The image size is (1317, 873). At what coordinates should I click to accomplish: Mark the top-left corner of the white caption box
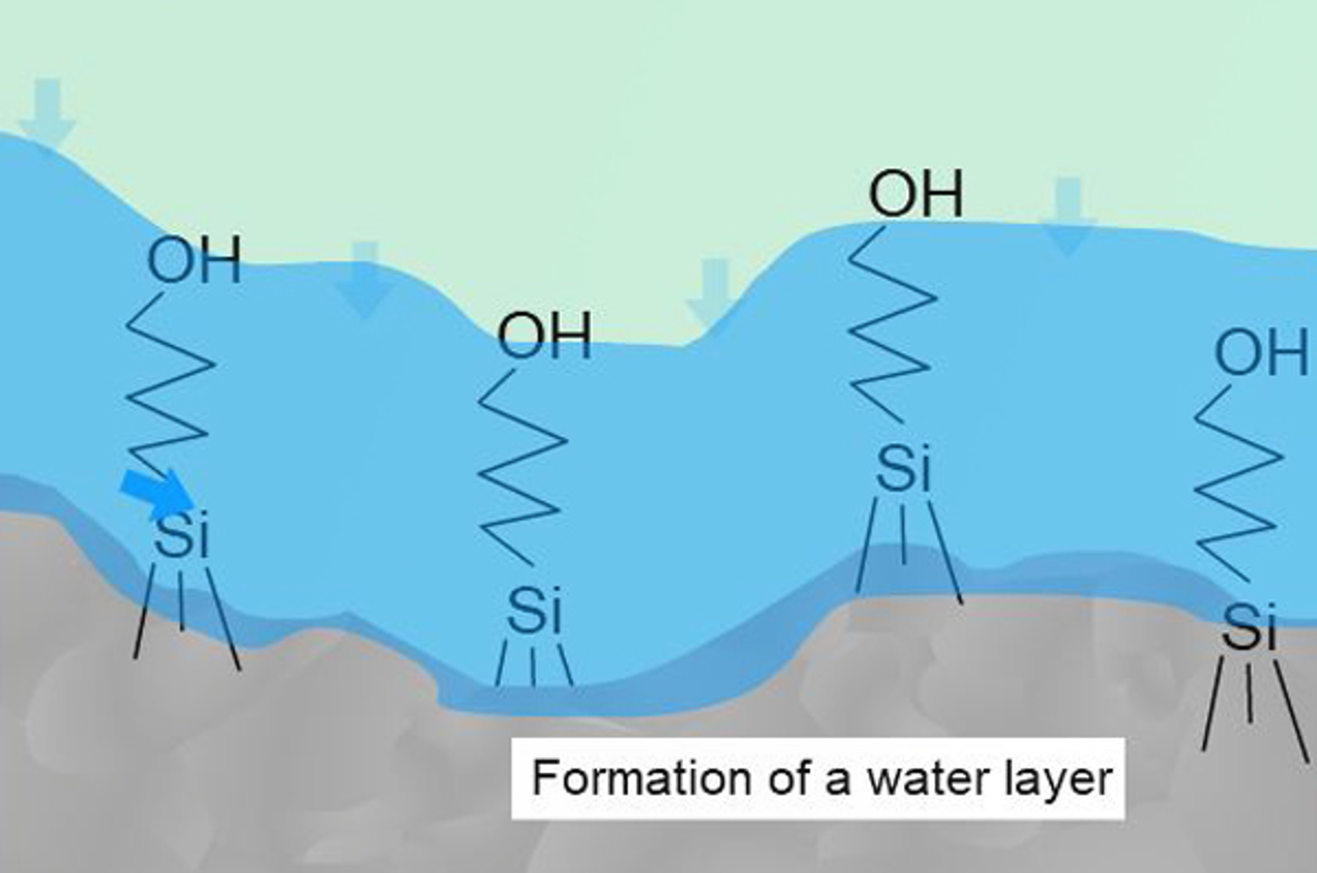pyautogui.click(x=511, y=738)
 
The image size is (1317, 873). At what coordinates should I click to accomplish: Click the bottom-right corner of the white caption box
pyautogui.click(x=1125, y=819)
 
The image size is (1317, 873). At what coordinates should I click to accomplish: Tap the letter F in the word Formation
pyautogui.click(x=544, y=777)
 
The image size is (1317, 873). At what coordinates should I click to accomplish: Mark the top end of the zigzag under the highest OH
pyautogui.click(x=884, y=227)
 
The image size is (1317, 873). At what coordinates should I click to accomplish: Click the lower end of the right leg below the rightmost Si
pyautogui.click(x=1308, y=763)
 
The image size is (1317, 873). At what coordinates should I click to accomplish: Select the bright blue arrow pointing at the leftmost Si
pyautogui.click(x=157, y=494)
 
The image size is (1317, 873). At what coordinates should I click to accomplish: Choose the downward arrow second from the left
pyautogui.click(x=365, y=279)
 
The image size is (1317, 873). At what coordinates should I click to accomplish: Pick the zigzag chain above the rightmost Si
pyautogui.click(x=1238, y=483)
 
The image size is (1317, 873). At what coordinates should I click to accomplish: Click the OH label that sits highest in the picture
pyautogui.click(x=916, y=194)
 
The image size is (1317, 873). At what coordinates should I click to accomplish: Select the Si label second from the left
pyautogui.click(x=534, y=610)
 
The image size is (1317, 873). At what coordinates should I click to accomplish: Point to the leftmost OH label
pyautogui.click(x=194, y=259)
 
